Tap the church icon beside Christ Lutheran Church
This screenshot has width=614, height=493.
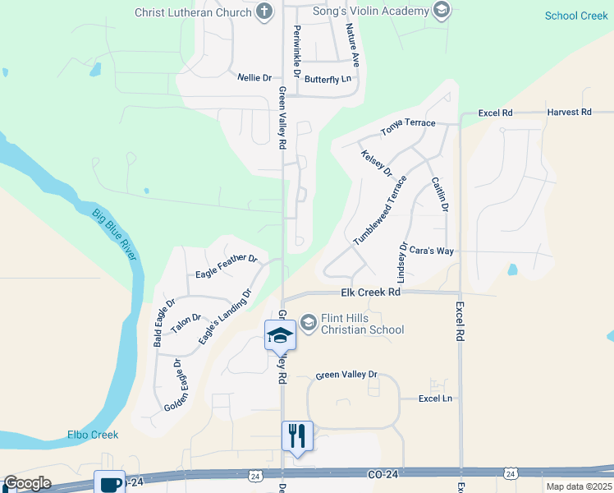[264, 12]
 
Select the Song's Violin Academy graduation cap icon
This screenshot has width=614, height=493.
[442, 11]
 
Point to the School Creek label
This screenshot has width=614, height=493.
[576, 16]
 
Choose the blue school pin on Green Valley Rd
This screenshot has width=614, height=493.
[280, 334]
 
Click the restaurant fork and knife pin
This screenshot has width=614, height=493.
[297, 435]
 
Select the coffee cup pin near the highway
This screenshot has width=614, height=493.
[109, 483]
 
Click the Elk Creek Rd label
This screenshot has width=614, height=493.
[370, 293]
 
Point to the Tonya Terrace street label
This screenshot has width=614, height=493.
[408, 127]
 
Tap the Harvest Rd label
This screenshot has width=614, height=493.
[569, 112]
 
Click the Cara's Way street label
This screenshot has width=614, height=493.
[432, 251]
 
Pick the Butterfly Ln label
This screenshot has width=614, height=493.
[328, 79]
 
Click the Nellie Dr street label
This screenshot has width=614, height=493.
[254, 78]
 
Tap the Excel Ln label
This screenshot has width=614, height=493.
[435, 399]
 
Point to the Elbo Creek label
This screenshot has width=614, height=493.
[93, 435]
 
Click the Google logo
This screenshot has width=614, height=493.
[27, 483]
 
